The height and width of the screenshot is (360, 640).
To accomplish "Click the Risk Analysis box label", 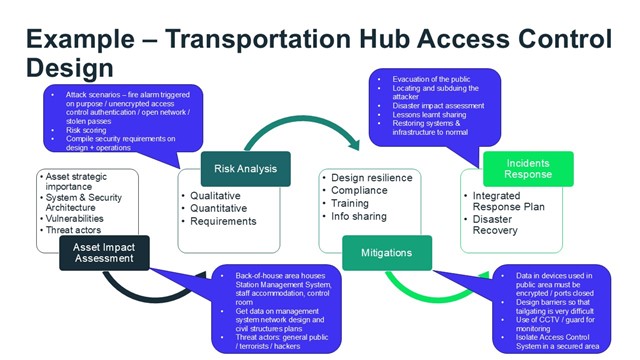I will [x=245, y=168].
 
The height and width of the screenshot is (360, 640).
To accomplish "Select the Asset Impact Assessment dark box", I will [x=103, y=251].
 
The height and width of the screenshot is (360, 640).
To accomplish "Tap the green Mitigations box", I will [x=387, y=252].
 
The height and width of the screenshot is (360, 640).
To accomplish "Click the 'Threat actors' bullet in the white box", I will [x=76, y=227].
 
